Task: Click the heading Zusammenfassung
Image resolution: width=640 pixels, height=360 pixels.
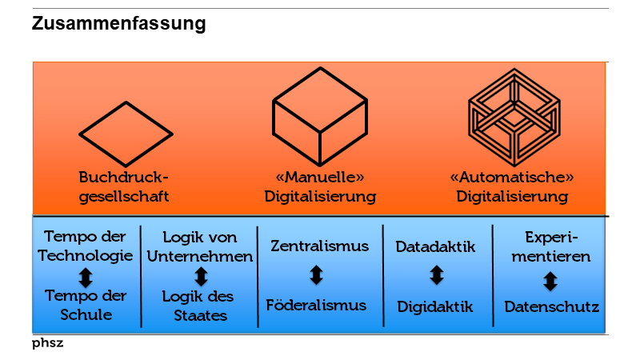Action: coord(119,24)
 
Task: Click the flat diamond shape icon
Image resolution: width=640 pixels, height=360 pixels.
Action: coord(125,133)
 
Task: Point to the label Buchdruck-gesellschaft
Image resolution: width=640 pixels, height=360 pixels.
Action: coord(124,186)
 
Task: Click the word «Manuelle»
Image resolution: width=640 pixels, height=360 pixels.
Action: coord(320,177)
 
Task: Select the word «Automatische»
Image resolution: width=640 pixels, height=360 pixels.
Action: coord(512,177)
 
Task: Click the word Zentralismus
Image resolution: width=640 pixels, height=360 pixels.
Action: coord(319,246)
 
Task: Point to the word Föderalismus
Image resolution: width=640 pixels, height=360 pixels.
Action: coord(316,305)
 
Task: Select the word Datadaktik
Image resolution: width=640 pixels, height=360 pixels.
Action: coord(436,246)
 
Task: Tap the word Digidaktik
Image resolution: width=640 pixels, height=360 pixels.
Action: coord(436,306)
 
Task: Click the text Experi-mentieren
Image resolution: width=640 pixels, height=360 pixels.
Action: coord(550,247)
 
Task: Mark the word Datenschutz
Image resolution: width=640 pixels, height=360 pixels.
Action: coord(551,306)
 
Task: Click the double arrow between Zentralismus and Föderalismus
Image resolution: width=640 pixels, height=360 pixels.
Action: coord(316,275)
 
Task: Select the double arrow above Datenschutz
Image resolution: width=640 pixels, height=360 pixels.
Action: coord(550,281)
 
